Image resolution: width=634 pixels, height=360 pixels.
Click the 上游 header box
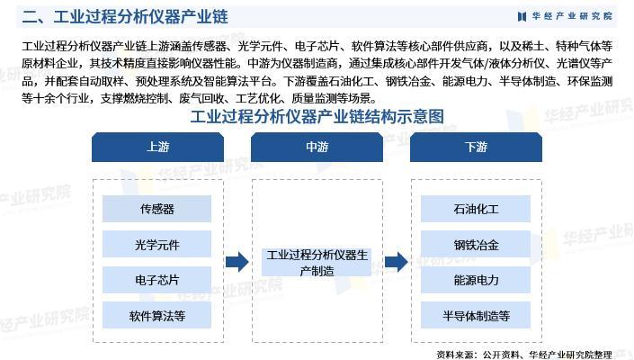coord(156,148)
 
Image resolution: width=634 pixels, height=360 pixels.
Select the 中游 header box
coord(317,148)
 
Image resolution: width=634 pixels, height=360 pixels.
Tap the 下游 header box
coord(476,148)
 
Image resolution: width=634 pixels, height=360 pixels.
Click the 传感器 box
coord(156,209)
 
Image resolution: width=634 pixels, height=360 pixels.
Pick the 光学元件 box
coord(156,244)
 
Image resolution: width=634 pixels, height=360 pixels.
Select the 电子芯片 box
coord(156,280)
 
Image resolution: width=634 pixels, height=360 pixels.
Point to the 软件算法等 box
coord(156,315)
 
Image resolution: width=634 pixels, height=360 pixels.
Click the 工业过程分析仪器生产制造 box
coord(317,262)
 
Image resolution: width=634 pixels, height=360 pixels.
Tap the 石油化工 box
coord(476,209)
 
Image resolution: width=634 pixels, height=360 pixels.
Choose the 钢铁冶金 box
coord(476,244)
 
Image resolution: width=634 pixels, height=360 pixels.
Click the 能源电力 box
coord(476,280)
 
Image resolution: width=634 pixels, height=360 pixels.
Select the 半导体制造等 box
coord(476,315)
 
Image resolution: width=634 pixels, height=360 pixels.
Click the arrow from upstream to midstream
coord(237,262)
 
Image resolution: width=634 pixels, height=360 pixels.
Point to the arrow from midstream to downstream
coord(397,262)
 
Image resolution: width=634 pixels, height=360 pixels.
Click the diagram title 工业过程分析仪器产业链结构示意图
coord(317,117)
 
